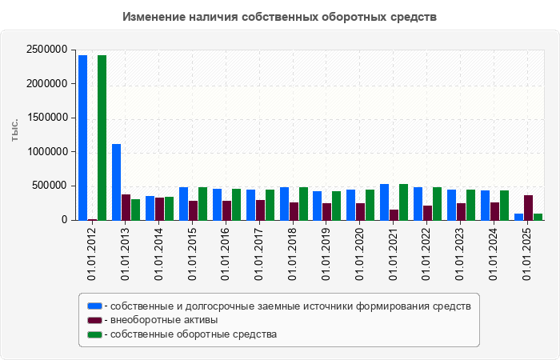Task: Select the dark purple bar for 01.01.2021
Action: pos(394,215)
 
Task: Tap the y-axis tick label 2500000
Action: pos(46,50)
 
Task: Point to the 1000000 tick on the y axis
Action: pos(46,152)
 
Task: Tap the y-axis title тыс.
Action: pos(14,132)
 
